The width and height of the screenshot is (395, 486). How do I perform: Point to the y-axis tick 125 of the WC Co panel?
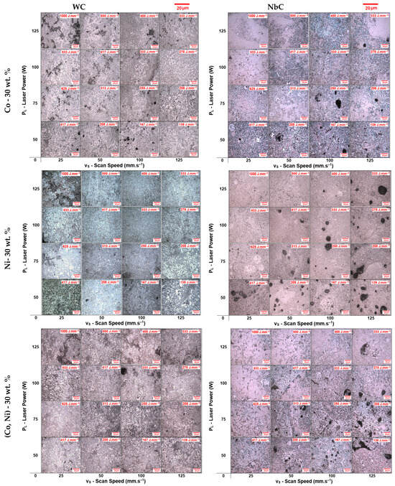coord(34,31)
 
